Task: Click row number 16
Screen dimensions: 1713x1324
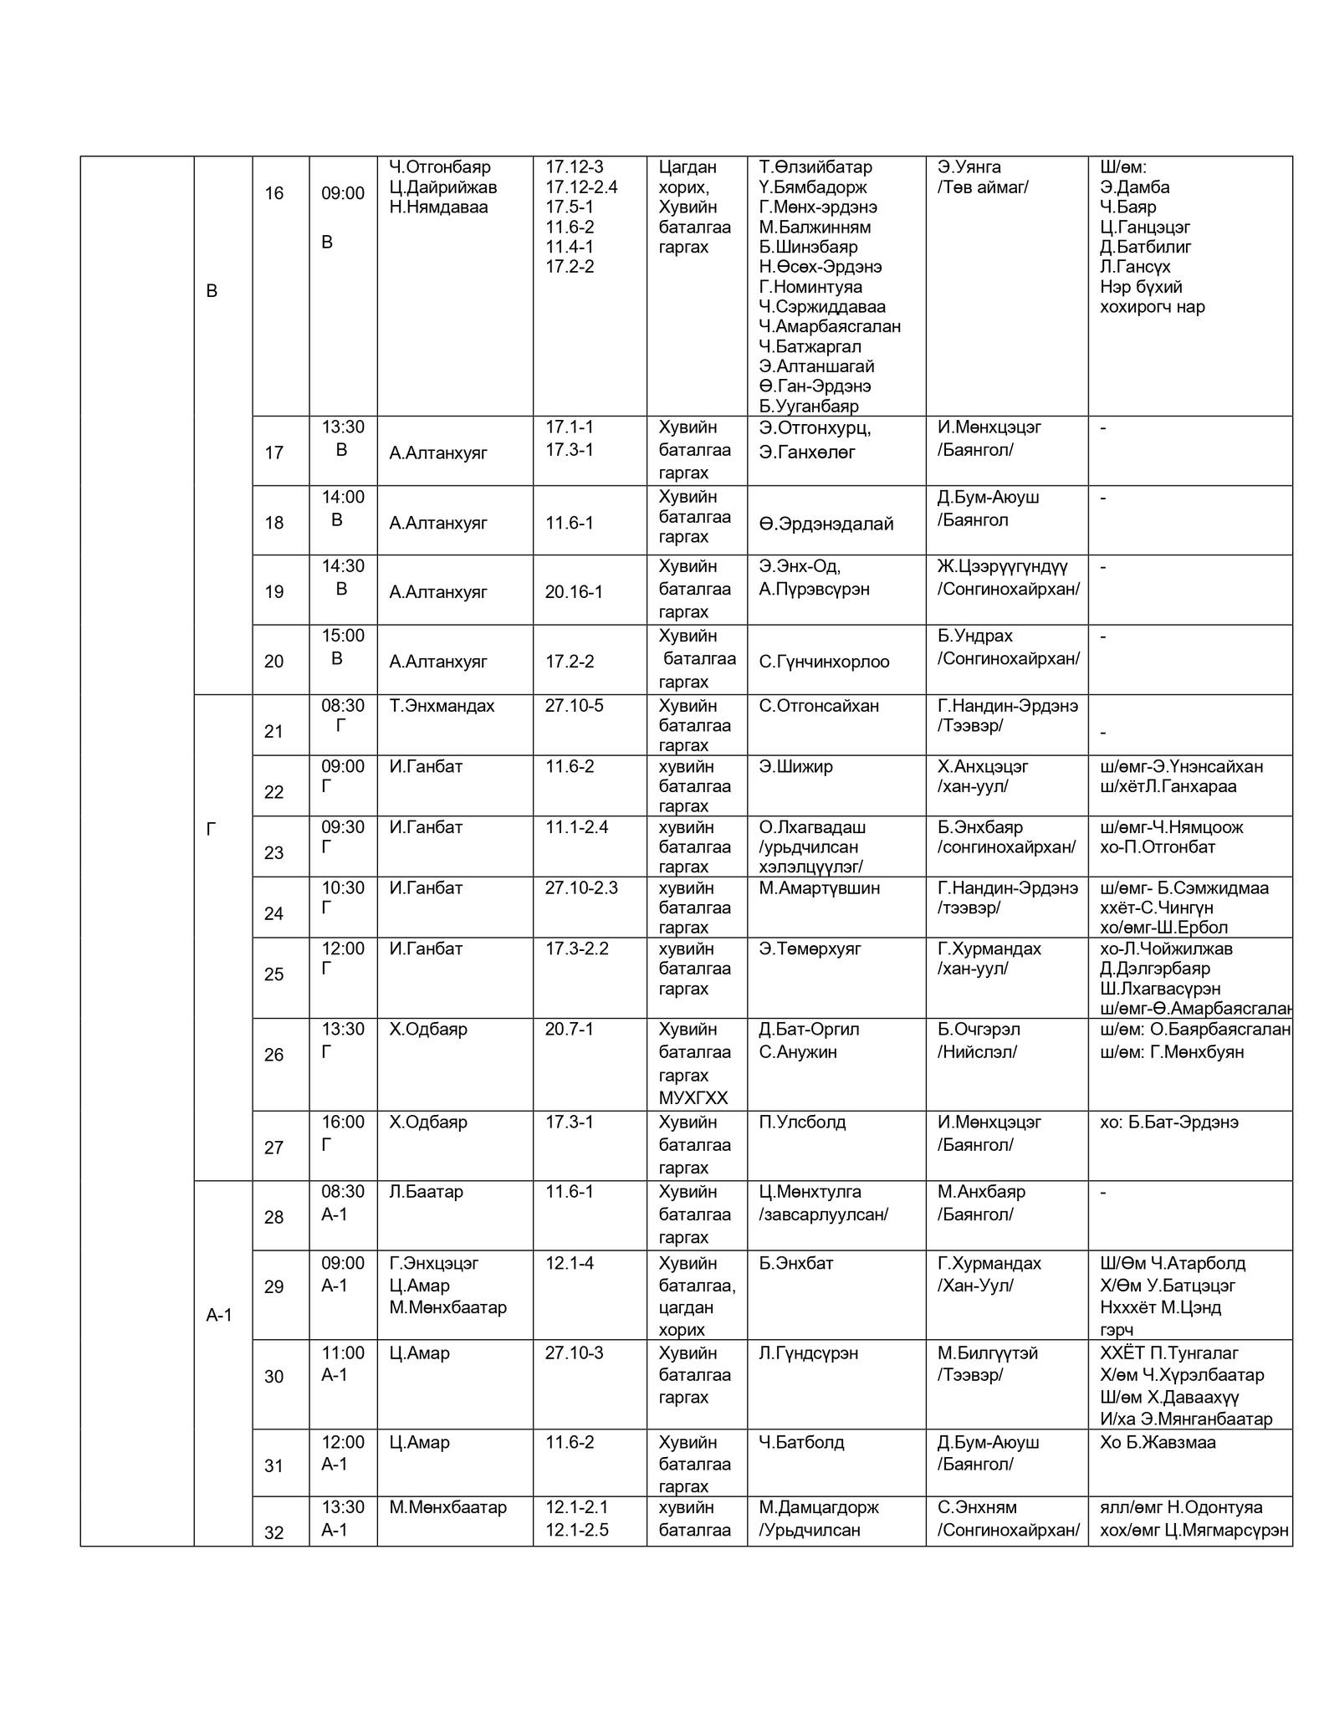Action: coord(274,194)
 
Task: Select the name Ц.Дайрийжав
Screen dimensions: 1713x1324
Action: coord(442,187)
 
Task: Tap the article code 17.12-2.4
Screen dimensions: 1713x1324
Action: coord(581,187)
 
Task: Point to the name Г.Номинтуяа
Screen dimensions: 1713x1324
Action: coord(810,287)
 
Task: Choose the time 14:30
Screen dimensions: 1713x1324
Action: coord(343,566)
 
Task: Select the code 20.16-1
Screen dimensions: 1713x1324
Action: coord(574,592)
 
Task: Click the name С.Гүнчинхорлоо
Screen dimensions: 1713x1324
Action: coord(824,662)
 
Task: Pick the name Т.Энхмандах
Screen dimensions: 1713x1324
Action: coord(442,706)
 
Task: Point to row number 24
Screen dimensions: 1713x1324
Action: coord(274,913)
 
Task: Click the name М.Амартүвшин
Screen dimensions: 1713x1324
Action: coord(819,888)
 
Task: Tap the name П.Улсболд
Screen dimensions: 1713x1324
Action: coord(802,1122)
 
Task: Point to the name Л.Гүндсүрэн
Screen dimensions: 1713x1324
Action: coord(808,1353)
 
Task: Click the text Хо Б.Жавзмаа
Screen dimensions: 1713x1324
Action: coord(1158,1442)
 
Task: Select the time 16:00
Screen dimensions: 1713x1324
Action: coord(343,1122)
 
